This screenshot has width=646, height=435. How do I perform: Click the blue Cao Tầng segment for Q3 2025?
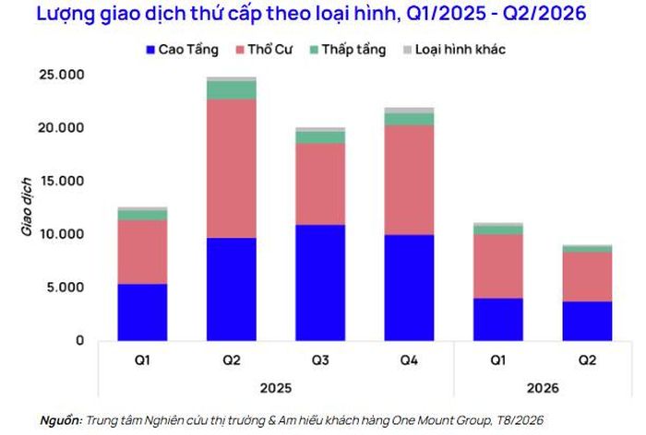click(x=320, y=283)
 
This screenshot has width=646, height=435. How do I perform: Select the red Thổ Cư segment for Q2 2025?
click(x=232, y=169)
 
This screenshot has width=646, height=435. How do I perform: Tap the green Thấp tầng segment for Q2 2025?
click(x=232, y=90)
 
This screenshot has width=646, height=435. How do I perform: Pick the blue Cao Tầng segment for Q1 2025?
click(x=142, y=312)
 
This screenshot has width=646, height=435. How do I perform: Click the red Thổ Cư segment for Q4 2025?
click(x=409, y=181)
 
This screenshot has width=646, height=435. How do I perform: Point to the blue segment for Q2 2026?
click(x=587, y=321)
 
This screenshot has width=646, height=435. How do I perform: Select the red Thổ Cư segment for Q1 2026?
click(x=498, y=266)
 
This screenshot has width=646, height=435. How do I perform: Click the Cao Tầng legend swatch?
click(x=150, y=50)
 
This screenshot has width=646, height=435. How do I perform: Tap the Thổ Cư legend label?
click(x=269, y=50)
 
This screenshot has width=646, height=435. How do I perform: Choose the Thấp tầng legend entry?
click(x=348, y=50)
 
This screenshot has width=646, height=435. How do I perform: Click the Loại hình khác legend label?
click(x=461, y=50)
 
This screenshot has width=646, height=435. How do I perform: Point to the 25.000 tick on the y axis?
click(x=62, y=75)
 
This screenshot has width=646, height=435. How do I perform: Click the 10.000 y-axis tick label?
click(x=62, y=234)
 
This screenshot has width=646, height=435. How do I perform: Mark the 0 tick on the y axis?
click(x=79, y=340)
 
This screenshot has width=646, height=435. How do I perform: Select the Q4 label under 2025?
click(x=409, y=360)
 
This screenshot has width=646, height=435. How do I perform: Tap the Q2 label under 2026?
click(x=587, y=360)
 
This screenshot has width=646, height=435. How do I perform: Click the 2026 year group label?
click(x=543, y=388)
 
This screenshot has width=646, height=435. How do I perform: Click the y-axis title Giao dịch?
click(x=27, y=206)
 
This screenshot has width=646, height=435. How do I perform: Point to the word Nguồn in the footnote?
click(x=61, y=420)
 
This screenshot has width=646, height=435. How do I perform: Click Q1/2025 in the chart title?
click(x=446, y=14)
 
